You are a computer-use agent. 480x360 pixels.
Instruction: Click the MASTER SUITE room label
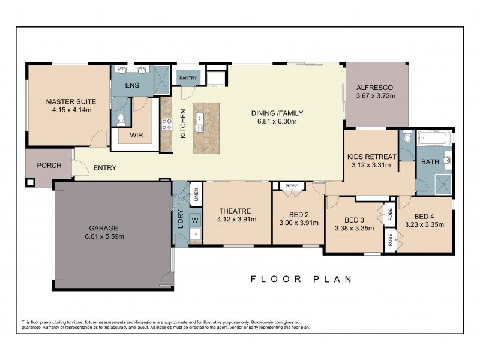point(68,101)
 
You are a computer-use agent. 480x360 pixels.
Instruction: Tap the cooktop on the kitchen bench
point(166,125)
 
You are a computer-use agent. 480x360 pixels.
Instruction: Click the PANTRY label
point(187,78)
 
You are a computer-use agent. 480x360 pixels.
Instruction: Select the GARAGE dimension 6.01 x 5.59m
point(104,236)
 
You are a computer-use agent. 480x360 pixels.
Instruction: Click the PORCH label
point(49,166)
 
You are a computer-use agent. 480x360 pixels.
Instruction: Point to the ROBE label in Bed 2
point(292,186)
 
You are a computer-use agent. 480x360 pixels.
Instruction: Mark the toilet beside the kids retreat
point(407,137)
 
